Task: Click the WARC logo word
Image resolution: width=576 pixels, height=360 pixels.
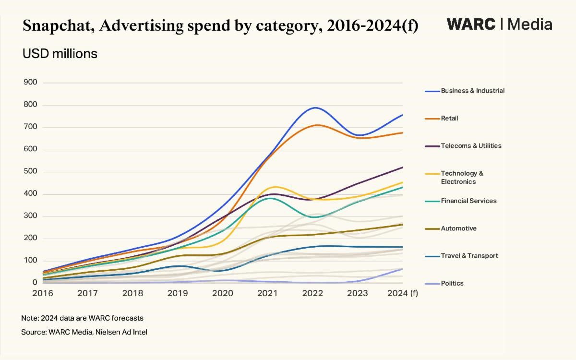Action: (x=471, y=24)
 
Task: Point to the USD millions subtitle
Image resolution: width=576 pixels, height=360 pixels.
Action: (x=60, y=54)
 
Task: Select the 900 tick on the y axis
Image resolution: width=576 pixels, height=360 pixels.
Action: (x=30, y=83)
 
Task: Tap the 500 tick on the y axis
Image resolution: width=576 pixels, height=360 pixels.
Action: (x=30, y=172)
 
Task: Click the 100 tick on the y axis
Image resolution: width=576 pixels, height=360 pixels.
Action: (x=30, y=261)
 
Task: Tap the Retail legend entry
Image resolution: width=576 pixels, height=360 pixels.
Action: (x=449, y=118)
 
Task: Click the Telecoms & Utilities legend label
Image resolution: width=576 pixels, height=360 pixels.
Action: (x=471, y=146)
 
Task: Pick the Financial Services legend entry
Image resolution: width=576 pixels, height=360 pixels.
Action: (x=468, y=201)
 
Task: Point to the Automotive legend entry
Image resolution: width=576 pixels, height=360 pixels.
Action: (x=458, y=228)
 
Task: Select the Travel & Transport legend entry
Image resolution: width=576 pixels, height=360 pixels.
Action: (x=469, y=256)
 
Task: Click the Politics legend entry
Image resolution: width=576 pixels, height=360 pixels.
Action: (x=452, y=283)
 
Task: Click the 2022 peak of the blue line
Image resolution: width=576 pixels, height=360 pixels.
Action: (x=315, y=108)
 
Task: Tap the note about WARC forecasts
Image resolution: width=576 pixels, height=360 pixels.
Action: (x=82, y=318)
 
